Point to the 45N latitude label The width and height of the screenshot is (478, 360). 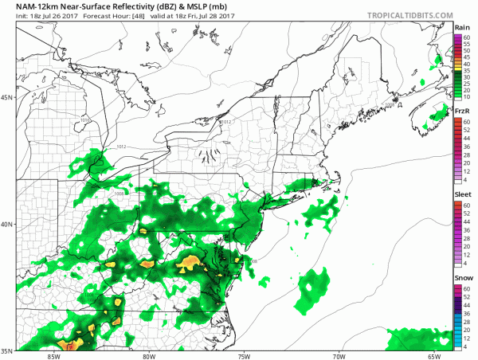coord(7,98)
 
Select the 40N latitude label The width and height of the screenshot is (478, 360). coord(7,224)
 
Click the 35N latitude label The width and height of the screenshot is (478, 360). coord(7,349)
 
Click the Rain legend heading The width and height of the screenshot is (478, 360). coord(461,29)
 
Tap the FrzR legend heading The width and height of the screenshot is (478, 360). coord(462,112)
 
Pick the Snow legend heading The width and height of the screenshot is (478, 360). coord(462,278)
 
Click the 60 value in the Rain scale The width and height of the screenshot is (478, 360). coord(471,37)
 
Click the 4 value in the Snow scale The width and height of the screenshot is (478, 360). coord(471,346)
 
